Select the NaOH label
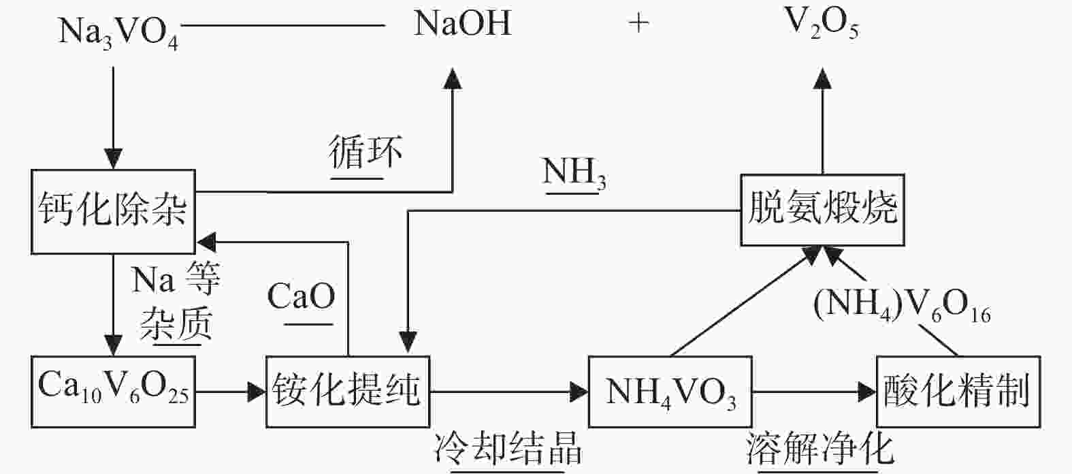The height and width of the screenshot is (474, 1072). click(x=462, y=25)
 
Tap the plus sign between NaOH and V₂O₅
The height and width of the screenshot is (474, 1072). click(x=638, y=25)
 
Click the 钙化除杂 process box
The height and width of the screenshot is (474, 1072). click(x=113, y=211)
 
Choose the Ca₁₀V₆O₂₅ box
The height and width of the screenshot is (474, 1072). click(x=113, y=391)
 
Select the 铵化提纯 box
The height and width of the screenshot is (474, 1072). click(x=348, y=391)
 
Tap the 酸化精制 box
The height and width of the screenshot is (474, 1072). click(x=958, y=392)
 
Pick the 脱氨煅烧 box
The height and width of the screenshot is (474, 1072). click(x=822, y=209)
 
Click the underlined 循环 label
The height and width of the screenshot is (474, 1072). click(x=366, y=153)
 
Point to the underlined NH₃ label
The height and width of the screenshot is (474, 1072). click(x=574, y=173)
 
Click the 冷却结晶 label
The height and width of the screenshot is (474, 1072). click(x=508, y=449)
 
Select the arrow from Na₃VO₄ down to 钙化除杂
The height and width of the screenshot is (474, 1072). click(x=113, y=116)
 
